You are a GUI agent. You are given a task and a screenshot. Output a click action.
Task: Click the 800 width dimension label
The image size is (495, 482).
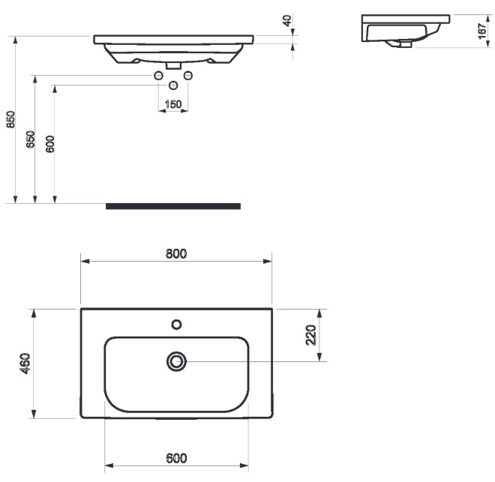pyautogui.click(x=176, y=253)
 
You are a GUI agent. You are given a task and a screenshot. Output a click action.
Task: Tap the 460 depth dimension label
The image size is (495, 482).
pyautogui.click(x=25, y=364)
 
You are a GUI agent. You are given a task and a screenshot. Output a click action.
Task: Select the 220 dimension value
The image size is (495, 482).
pyautogui.click(x=311, y=334)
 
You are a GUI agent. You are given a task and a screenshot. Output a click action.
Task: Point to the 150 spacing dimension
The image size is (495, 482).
pyautogui.click(x=173, y=104)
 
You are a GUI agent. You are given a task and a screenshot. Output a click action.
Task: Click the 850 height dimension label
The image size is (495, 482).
pyautogui.click(x=10, y=119)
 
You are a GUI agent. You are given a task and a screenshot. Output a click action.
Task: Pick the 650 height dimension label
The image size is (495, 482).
pyautogui.click(x=30, y=139)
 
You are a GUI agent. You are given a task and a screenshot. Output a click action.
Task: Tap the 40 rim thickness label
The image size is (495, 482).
pyautogui.click(x=287, y=21)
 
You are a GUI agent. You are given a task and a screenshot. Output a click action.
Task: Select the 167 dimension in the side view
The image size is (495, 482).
pyautogui.click(x=482, y=31)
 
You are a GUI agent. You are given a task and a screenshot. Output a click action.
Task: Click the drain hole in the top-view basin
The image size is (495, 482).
pyautogui.click(x=176, y=361)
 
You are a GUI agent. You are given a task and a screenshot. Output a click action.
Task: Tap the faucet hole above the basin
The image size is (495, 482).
pyautogui.click(x=176, y=325)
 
